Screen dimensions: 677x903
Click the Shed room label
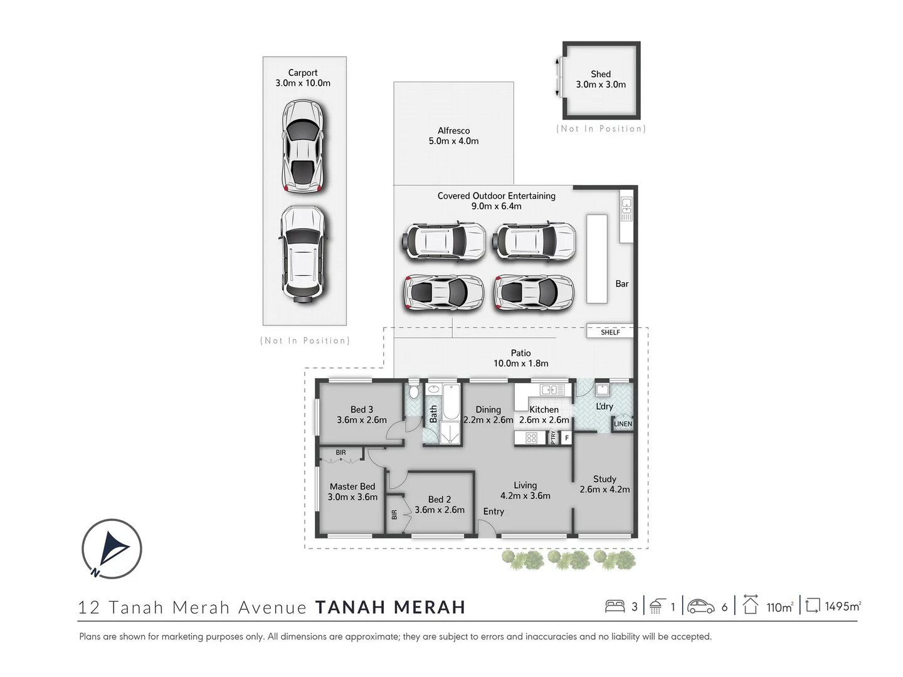600,74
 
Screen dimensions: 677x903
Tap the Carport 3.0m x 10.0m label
303,78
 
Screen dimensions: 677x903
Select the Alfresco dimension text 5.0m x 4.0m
453,141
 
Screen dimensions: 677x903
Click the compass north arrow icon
112,548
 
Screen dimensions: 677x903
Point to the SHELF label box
610,332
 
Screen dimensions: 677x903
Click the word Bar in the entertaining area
621,284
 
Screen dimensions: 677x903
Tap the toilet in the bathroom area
413,392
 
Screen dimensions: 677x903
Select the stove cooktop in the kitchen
531,438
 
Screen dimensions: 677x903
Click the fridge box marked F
566,438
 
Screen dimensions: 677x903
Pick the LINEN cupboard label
623,424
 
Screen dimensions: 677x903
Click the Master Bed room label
352,486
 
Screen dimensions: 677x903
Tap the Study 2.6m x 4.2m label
605,484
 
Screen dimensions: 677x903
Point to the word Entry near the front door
494,512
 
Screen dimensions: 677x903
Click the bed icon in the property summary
615,606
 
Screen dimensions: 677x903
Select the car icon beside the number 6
700,606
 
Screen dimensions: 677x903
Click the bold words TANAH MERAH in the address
390,607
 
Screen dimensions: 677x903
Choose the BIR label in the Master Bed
341,453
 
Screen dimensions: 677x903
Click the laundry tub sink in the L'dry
602,391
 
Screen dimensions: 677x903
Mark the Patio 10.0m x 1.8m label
520,358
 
